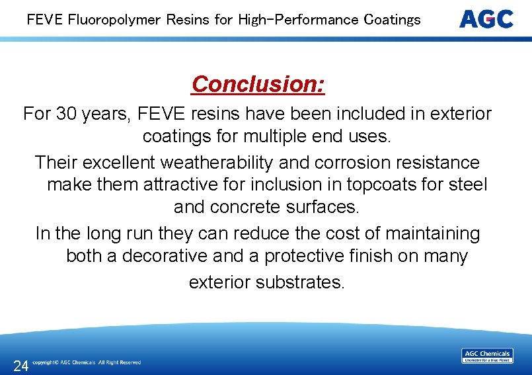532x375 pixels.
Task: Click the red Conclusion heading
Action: [258, 85]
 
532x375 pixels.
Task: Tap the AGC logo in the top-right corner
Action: [486, 19]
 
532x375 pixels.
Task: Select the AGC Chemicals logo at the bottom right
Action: [487, 356]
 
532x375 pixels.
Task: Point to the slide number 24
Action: [20, 366]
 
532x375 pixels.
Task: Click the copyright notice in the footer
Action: [87, 362]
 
